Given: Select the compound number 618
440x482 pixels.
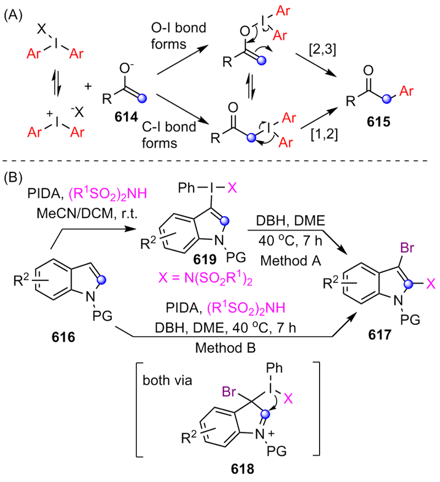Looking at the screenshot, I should click(x=243, y=469).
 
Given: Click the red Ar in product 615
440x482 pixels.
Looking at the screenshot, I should click(x=406, y=89).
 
